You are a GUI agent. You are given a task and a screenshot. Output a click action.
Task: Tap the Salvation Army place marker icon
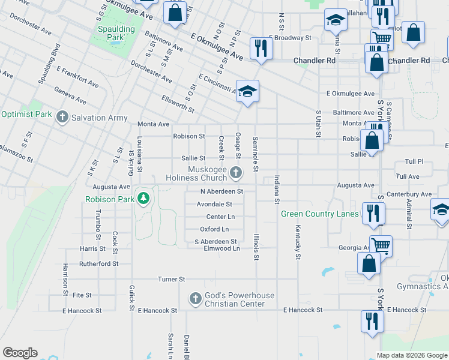pyautogui.click(x=62, y=118)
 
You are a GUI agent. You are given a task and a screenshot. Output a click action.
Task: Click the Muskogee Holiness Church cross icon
pyautogui.click(x=237, y=173)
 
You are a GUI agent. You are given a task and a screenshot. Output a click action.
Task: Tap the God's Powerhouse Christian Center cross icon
pyautogui.click(x=195, y=298)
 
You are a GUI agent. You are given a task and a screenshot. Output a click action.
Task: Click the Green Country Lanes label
pyautogui.click(x=320, y=214)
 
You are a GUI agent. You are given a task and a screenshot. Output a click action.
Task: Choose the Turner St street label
pyautogui.click(x=172, y=280)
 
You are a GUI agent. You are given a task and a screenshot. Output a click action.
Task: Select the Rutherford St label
pyautogui.click(x=99, y=263)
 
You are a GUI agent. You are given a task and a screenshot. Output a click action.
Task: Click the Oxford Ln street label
pyautogui.click(x=214, y=229)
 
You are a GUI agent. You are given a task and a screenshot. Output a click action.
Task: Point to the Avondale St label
pyautogui.click(x=214, y=204)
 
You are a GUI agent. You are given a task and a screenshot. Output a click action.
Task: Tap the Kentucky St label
pyautogui.click(x=297, y=242)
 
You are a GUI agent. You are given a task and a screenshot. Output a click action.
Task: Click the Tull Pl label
pyautogui.click(x=414, y=162)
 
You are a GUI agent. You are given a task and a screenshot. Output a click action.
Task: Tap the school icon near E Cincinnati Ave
pyautogui.click(x=247, y=91)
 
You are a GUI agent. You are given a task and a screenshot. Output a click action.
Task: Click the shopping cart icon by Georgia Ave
pyautogui.click(x=381, y=245)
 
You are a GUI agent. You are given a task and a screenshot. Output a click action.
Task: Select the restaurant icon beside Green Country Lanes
pyautogui.click(x=373, y=212)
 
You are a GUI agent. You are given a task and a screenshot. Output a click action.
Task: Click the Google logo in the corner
pyautogui.click(x=20, y=353)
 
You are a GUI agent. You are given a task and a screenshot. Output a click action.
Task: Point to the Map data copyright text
pyautogui.click(x=412, y=355)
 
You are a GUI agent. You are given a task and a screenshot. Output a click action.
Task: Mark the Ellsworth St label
pyautogui.click(x=178, y=104)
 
